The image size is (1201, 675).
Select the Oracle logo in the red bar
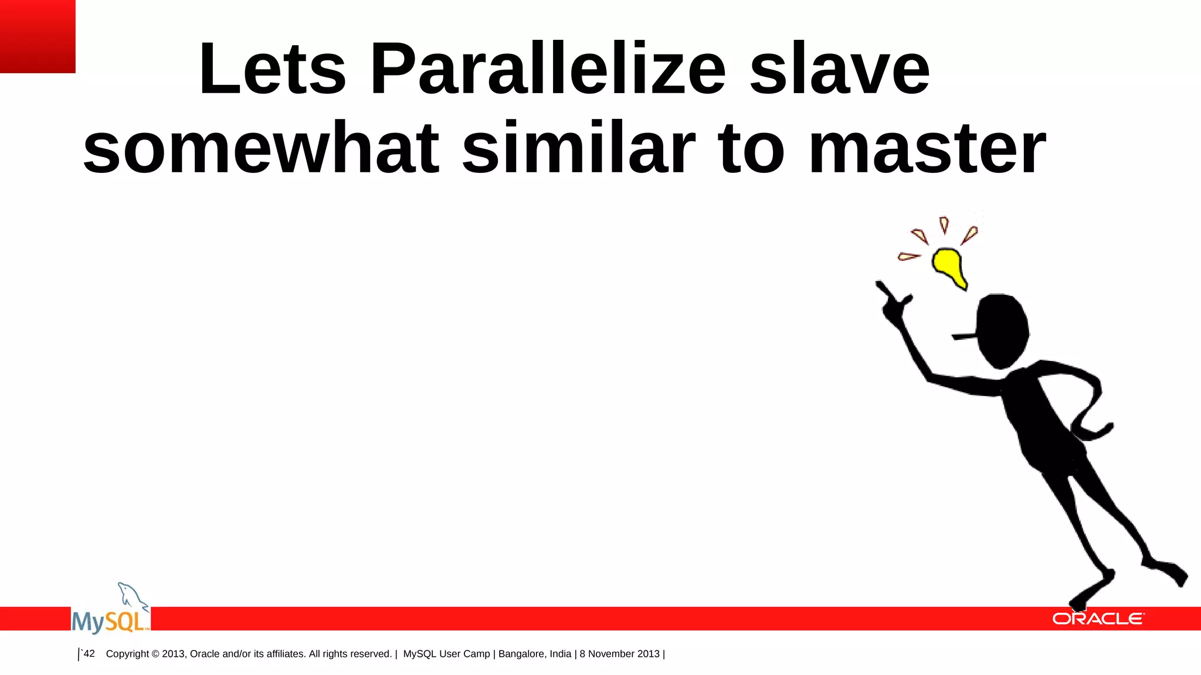(1097, 619)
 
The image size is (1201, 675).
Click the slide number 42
(89, 653)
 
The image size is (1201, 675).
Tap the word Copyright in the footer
(127, 654)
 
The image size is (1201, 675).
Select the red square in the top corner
(38, 36)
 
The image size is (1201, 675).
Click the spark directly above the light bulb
(944, 225)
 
